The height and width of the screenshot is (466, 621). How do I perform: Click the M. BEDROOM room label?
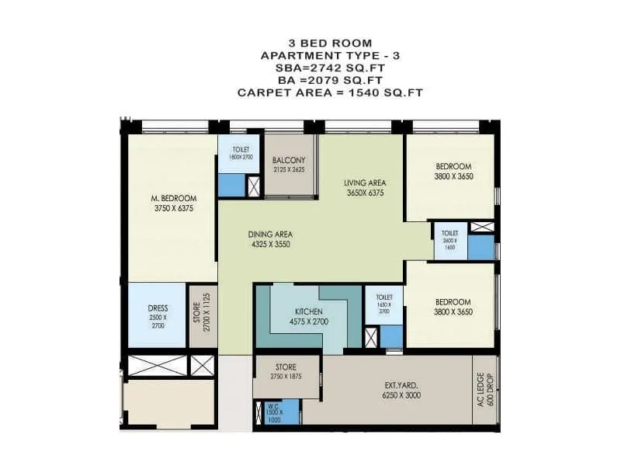[x=173, y=198]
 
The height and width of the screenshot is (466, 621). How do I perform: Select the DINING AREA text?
[x=269, y=233]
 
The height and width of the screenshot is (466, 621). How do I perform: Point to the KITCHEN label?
[x=309, y=311]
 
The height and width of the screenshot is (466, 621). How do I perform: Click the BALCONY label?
[x=290, y=161]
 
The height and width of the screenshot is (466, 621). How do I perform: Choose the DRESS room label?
[x=158, y=308]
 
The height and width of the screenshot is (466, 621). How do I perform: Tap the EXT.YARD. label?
[x=402, y=384]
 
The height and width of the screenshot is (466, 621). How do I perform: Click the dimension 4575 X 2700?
[x=309, y=322]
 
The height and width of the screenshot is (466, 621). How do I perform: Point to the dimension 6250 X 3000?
[x=402, y=395]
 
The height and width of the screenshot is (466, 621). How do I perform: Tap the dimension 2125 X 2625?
[x=290, y=170]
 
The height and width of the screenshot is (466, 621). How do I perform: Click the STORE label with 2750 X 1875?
[x=286, y=367]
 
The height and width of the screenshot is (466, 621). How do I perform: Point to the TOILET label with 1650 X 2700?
[x=383, y=297]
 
